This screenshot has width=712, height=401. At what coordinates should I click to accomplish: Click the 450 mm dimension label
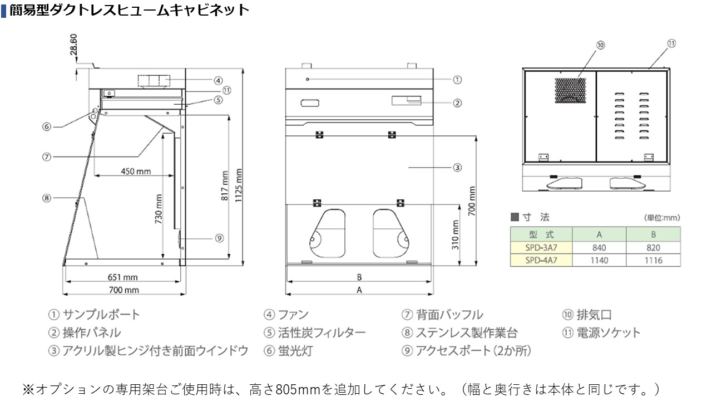point(136,171)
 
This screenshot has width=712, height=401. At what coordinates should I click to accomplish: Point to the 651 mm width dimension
point(122,277)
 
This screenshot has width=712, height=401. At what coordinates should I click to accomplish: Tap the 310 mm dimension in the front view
point(456,234)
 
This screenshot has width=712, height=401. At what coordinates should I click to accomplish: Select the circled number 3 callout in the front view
point(457,167)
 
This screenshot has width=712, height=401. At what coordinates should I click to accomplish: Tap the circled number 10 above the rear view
point(601,45)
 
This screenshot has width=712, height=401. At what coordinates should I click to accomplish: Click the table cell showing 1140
point(599,260)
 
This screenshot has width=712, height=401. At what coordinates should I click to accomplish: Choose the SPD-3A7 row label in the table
point(541,248)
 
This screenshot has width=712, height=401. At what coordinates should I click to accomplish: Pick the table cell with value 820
point(654,248)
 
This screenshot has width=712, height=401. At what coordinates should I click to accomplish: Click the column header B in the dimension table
point(654,234)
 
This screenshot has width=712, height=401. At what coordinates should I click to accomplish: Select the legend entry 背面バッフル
point(449,315)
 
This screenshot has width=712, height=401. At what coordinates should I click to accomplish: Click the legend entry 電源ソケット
point(609,332)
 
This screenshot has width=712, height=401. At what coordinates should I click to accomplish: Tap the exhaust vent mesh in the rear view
point(570,91)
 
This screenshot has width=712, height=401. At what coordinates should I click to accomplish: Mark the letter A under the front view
point(359,290)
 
